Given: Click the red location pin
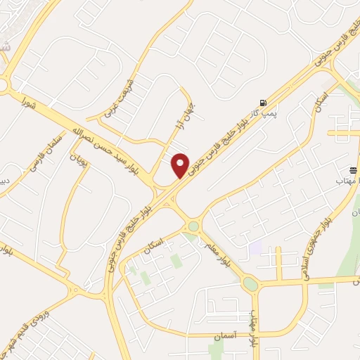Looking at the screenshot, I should [x=181, y=165].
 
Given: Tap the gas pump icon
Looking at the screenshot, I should [x=263, y=103].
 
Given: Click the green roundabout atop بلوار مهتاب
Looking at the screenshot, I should [x=250, y=284].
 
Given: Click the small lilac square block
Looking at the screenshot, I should [x=255, y=248].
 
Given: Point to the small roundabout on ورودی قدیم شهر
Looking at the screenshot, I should [x=75, y=290].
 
